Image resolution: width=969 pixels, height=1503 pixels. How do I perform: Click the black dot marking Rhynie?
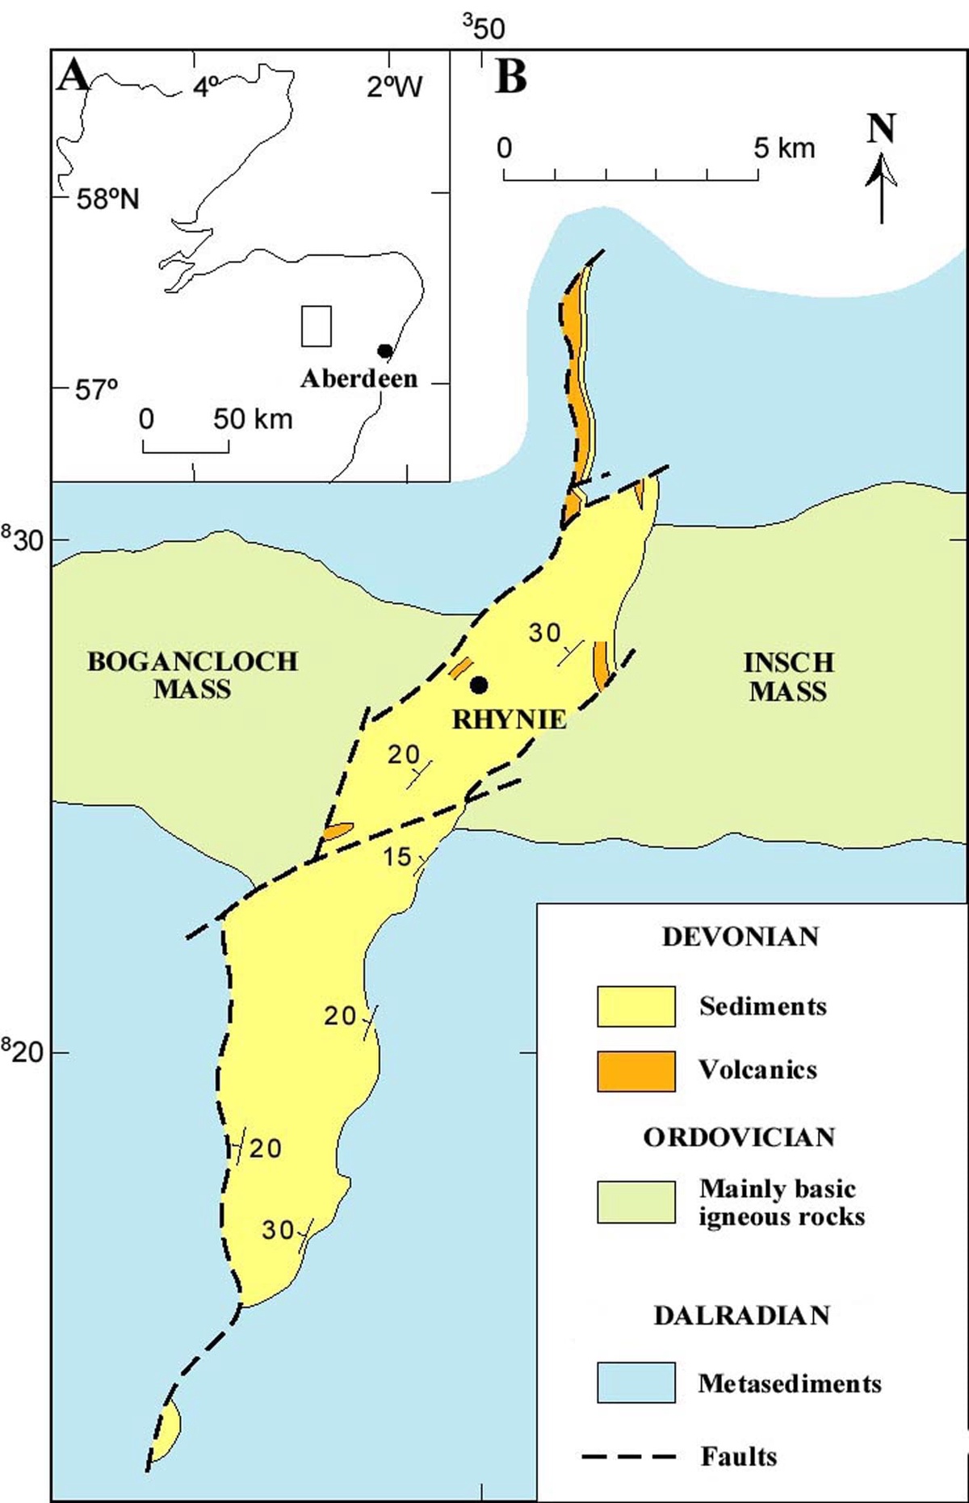tap(480, 685)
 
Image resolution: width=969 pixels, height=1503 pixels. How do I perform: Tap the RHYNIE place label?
tap(509, 719)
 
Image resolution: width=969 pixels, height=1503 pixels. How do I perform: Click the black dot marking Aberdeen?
tap(385, 351)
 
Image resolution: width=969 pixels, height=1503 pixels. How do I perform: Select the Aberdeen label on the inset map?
tap(359, 378)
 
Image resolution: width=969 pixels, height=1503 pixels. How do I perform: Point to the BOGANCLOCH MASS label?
tap(192, 675)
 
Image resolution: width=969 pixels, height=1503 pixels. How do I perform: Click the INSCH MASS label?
tap(788, 677)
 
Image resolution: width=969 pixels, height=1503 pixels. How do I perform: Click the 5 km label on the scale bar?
tap(784, 149)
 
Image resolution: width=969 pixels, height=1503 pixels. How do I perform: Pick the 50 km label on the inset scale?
tap(253, 419)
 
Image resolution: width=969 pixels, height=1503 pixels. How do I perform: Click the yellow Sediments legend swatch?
tap(636, 1006)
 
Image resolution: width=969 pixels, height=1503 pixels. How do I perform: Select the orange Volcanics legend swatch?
tap(636, 1071)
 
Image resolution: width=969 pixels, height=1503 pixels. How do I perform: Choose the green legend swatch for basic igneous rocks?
tap(636, 1202)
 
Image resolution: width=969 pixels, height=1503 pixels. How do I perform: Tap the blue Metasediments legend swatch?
tap(636, 1382)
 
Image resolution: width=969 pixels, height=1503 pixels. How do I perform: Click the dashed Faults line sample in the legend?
tap(629, 1456)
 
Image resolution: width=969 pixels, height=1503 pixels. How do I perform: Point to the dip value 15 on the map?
tap(397, 856)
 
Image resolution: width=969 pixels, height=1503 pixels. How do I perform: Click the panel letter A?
tap(74, 77)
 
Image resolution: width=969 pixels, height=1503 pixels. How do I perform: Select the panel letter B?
tap(510, 78)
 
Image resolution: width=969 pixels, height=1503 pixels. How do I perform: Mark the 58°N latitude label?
tap(107, 199)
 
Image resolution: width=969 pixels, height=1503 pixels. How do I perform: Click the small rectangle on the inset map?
tap(317, 326)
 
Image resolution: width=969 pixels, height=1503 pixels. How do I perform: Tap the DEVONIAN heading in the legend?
tap(740, 937)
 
